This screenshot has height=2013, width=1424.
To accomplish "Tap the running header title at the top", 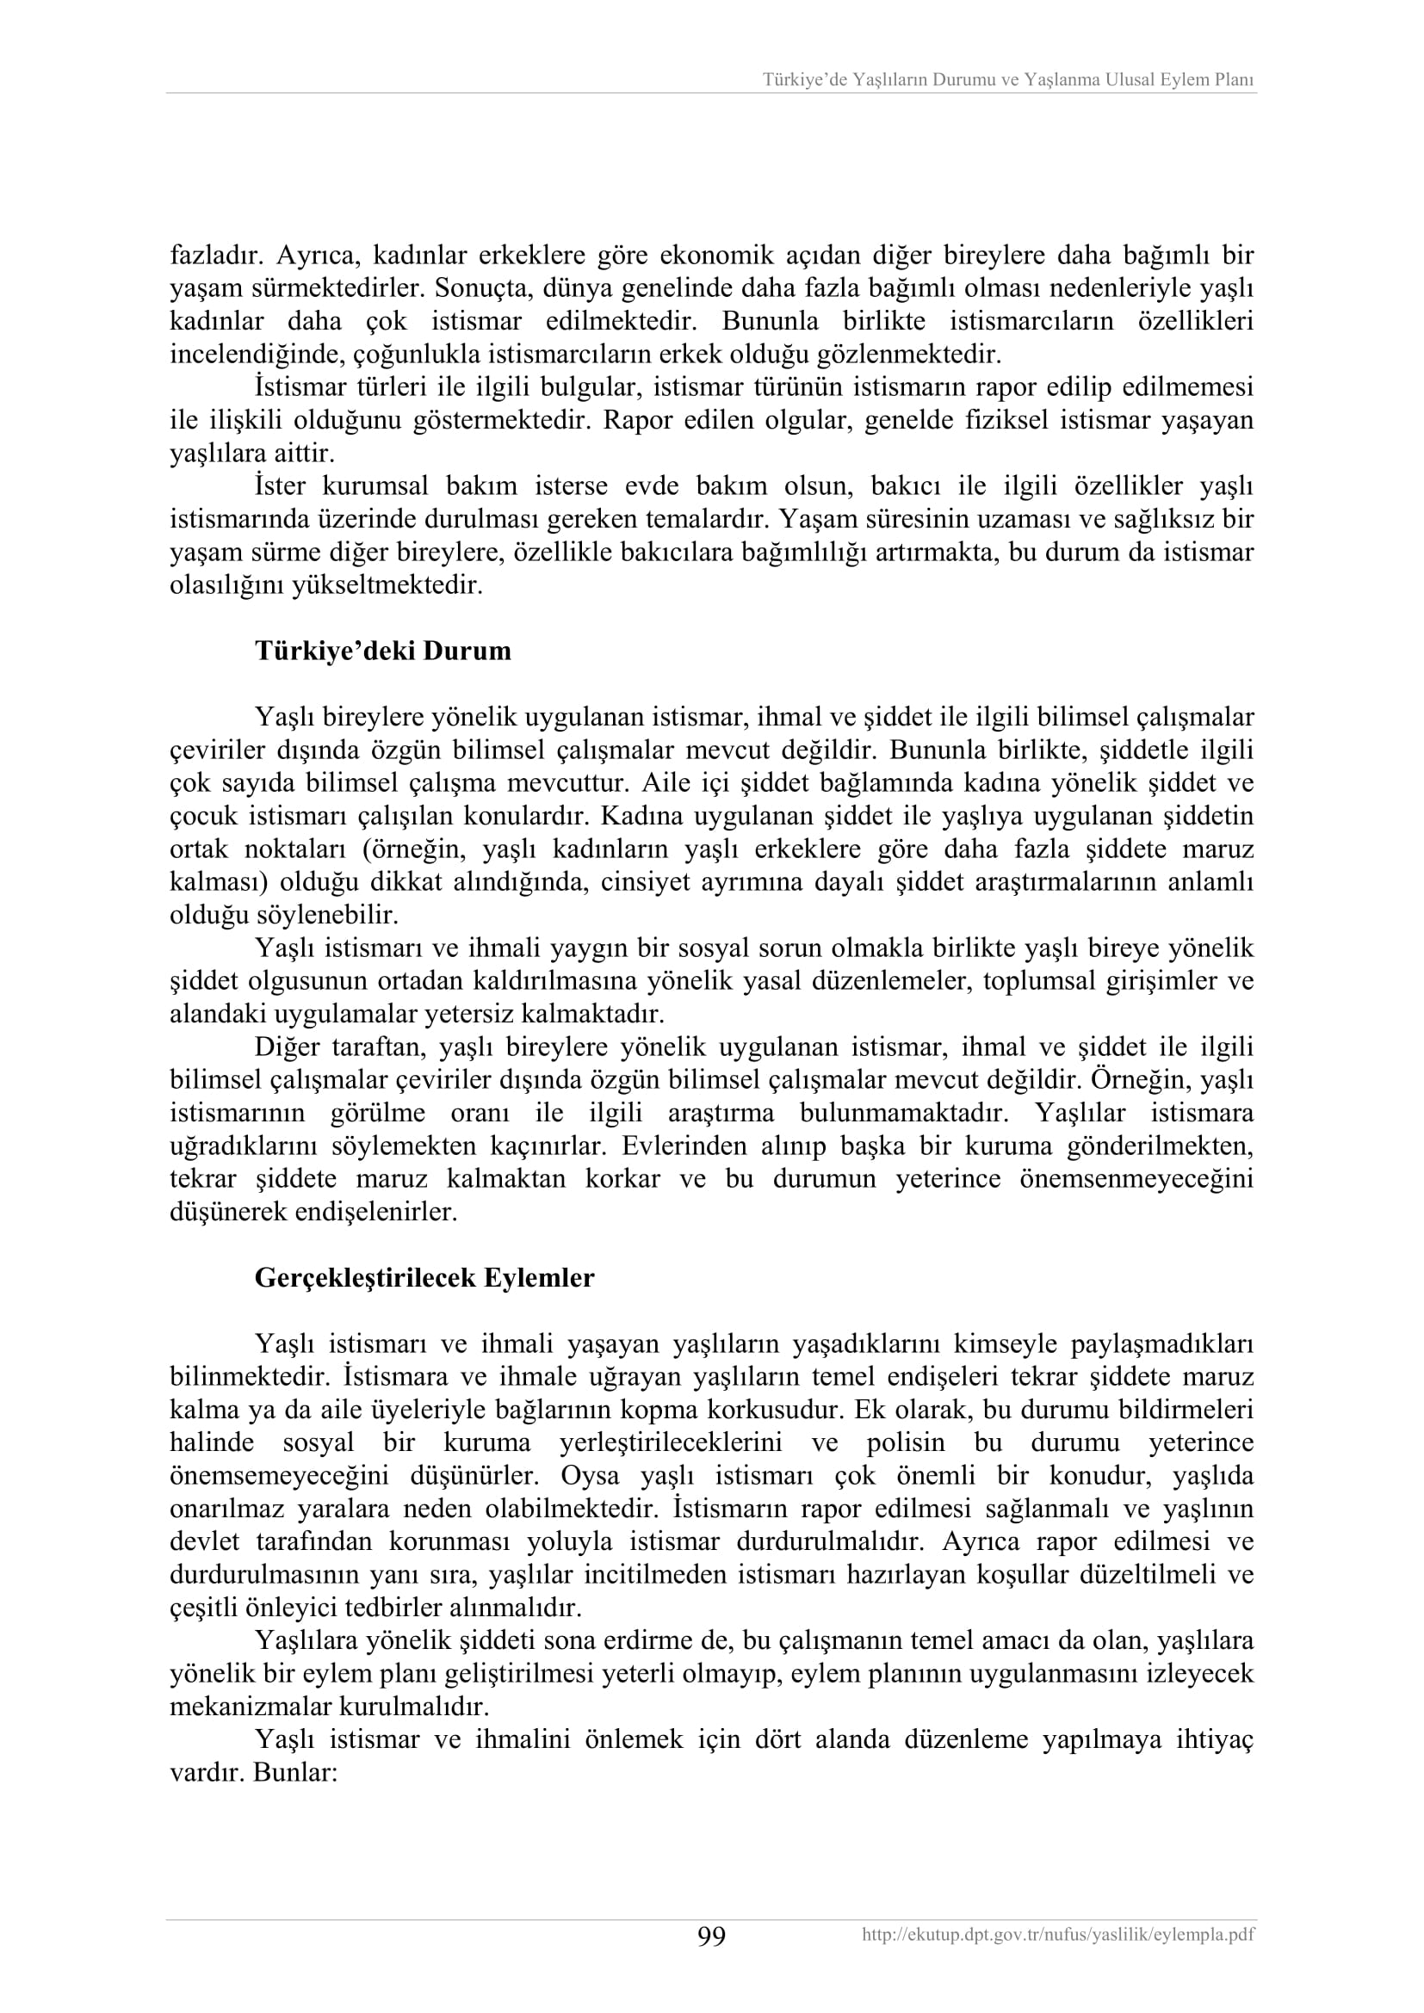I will (1007, 80).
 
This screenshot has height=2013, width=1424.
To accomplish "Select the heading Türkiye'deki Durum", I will (383, 651).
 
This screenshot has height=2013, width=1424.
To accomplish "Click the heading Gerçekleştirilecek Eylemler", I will (424, 1277).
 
